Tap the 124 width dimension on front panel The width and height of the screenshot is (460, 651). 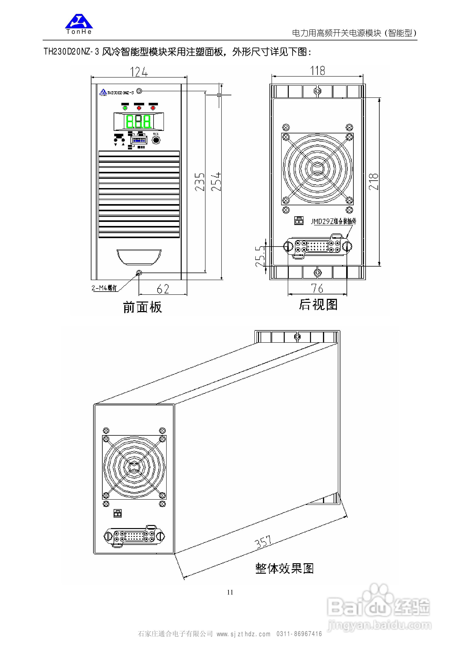point(139,72)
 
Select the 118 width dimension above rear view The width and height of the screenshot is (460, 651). point(317,71)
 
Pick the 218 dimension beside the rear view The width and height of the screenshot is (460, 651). point(374,181)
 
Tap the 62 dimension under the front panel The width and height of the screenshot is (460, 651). point(163,289)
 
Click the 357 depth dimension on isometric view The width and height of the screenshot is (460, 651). point(263,542)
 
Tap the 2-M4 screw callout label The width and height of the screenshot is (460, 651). point(104,288)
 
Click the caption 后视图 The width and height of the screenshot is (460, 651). point(318,305)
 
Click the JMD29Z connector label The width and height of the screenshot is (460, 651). point(334,221)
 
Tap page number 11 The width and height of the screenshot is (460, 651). point(230,592)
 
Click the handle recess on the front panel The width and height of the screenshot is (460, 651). point(139,257)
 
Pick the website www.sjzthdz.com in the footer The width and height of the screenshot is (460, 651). point(243,634)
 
